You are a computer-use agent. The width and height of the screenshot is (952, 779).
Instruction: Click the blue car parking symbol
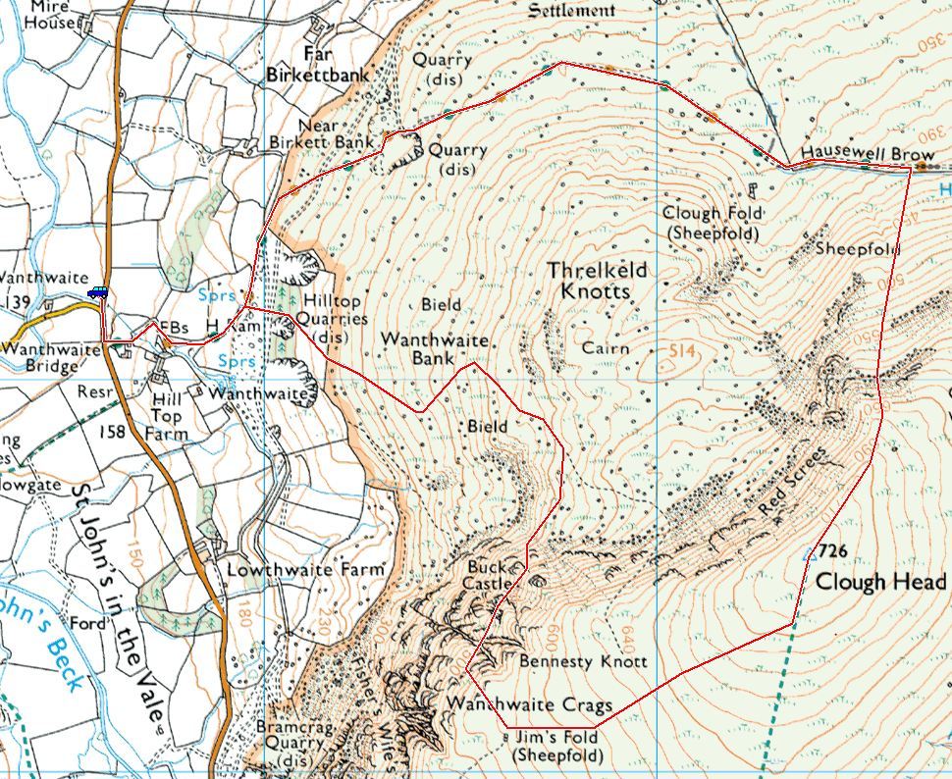click(x=97, y=292)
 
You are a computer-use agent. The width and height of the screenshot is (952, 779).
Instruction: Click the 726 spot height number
click(x=831, y=550)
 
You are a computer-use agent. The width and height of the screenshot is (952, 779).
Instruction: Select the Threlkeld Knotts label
click(x=598, y=281)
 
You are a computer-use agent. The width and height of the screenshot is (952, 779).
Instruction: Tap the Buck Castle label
click(x=490, y=575)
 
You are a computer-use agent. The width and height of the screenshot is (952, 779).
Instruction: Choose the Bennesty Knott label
click(x=583, y=662)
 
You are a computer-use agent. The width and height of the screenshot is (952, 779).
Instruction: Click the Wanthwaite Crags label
click(x=530, y=704)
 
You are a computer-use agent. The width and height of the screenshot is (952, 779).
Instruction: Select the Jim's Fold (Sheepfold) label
click(x=557, y=746)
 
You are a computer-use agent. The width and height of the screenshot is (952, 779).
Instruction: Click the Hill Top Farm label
click(x=166, y=416)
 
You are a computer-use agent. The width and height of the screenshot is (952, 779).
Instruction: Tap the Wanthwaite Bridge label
click(x=51, y=357)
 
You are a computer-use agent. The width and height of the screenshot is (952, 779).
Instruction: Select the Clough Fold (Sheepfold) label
click(x=712, y=223)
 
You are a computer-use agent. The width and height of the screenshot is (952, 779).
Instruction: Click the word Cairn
click(x=605, y=348)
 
